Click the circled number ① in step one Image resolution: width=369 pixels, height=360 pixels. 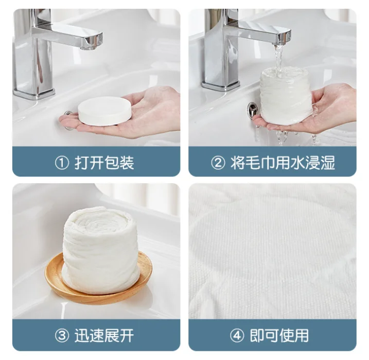point(62,163)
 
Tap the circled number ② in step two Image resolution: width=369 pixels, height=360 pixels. point(218,163)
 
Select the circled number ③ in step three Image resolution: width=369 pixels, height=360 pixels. point(62,335)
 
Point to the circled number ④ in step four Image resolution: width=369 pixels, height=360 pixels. point(237,335)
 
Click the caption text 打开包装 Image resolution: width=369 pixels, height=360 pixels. point(104,163)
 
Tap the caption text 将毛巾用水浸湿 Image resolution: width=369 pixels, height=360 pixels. point(283,163)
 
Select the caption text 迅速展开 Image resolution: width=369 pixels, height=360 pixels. point(104,335)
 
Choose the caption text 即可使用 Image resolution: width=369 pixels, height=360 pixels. point(279,335)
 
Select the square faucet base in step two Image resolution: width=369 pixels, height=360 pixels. point(220,85)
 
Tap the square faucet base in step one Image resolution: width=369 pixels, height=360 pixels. point(34,94)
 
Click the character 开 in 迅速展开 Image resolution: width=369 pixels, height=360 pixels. point(127,335)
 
